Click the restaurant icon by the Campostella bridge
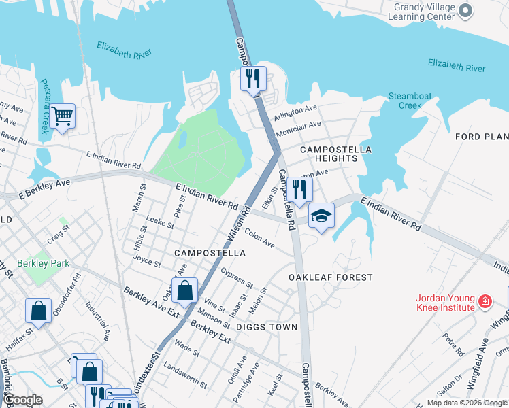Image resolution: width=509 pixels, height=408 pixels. point(252,79)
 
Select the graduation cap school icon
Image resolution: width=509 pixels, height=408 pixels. point(321,216)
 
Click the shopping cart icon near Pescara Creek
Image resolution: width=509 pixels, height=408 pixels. point(62,116)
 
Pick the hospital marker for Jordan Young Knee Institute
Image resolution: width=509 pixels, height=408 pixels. point(485,301)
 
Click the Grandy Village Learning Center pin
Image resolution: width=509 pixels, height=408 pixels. point(465,10)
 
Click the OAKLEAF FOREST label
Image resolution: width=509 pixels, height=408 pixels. point(330,277)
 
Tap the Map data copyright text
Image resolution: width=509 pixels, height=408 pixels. point(466,403)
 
